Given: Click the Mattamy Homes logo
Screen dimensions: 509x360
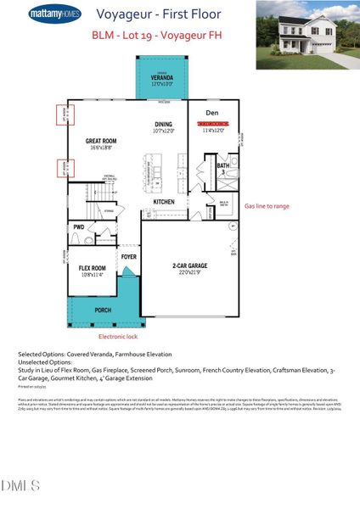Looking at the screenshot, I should [55, 15].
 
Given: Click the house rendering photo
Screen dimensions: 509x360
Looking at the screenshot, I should [306, 35].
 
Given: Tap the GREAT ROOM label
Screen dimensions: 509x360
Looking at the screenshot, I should [100, 143].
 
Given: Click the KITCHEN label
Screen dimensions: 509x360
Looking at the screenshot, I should [163, 201].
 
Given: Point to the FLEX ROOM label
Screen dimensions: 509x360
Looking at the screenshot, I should [91, 270].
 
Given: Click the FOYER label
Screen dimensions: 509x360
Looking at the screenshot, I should [128, 255].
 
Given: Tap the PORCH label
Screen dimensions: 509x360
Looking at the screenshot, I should [103, 310].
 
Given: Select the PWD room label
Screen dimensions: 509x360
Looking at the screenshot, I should [78, 227].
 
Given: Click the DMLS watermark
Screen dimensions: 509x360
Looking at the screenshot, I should [21, 485].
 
